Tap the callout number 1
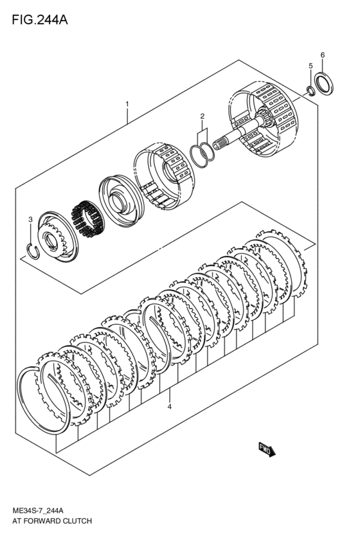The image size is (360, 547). [127, 104]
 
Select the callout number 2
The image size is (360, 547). [202, 116]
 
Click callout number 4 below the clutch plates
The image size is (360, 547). [170, 407]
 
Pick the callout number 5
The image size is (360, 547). [310, 66]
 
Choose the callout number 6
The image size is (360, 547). [323, 55]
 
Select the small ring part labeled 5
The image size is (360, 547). [310, 89]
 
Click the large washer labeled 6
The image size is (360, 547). [324, 84]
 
